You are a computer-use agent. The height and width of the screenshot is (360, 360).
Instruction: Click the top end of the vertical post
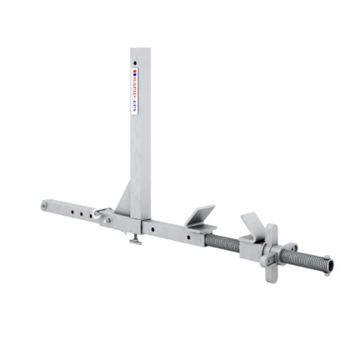140,50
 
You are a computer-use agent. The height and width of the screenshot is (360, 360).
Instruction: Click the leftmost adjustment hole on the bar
63,208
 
